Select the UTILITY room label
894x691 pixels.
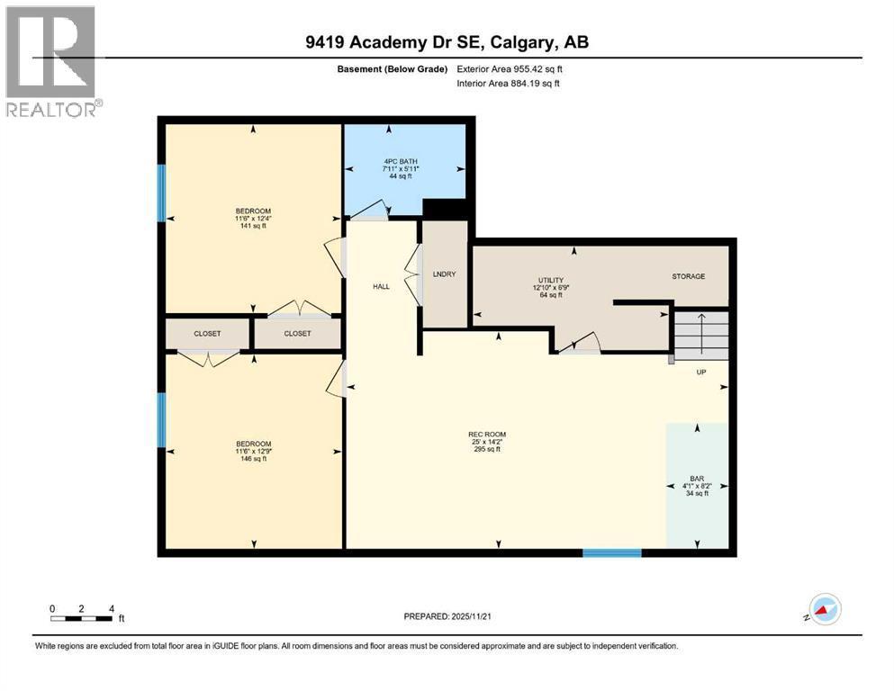coord(550,281)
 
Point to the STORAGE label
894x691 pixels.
coord(688,276)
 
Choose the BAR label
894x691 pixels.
coord(696,478)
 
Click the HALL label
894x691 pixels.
coord(382,286)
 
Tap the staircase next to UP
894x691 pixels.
coord(700,333)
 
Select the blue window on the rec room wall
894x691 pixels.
coord(611,552)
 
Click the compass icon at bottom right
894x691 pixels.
coord(824,610)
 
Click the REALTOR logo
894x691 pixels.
coord(50,61)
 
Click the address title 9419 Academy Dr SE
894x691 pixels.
coord(446,42)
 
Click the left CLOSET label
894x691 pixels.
coord(207,333)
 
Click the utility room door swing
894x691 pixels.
coord(580,343)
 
